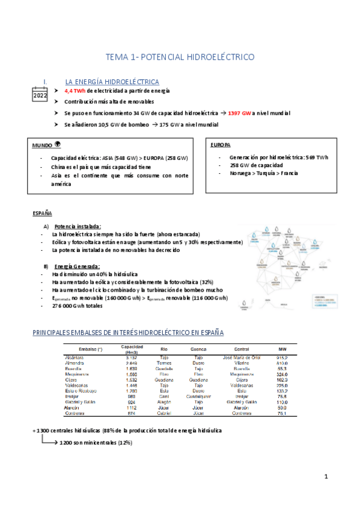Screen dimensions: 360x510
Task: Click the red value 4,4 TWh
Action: [x=75, y=90]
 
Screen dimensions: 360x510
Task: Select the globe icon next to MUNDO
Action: [x=58, y=144]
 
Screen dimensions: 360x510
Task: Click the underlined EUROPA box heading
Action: [x=221, y=145]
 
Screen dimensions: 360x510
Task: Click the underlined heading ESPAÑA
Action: [x=41, y=214]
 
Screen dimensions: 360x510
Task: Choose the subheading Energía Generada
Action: [x=77, y=266]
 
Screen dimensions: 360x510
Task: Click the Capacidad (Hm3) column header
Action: [x=132, y=349]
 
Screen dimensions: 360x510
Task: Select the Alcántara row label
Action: [x=75, y=358]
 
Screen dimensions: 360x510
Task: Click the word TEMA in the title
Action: [x=117, y=57]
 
